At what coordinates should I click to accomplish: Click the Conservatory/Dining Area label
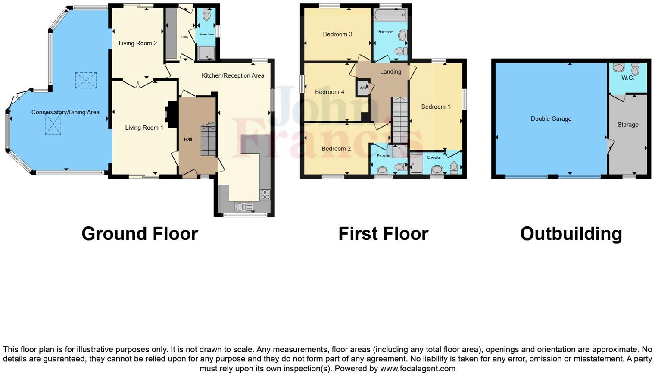pos(65,112)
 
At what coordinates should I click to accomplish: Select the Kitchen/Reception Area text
pos(233,75)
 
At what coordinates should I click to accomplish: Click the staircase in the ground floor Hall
pos(209,139)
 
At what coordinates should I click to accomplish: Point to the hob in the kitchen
pos(265,194)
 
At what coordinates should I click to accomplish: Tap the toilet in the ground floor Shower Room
pos(206,16)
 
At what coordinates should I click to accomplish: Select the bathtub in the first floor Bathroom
pos(390,16)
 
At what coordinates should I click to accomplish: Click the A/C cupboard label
pos(363,88)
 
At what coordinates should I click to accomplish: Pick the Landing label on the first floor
pos(390,72)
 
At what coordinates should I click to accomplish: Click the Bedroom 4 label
pos(330,92)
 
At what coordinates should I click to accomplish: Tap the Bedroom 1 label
pos(436,107)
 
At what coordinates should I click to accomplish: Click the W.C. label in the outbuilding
pos(627,78)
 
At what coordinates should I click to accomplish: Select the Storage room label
pos(628,125)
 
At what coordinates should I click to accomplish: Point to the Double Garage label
pos(551,119)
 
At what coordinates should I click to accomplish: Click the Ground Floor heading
pos(140,234)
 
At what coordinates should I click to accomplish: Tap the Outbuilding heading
pos(571,234)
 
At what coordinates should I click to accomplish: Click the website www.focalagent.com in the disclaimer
pos(417,369)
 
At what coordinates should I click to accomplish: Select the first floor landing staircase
pos(400,119)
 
